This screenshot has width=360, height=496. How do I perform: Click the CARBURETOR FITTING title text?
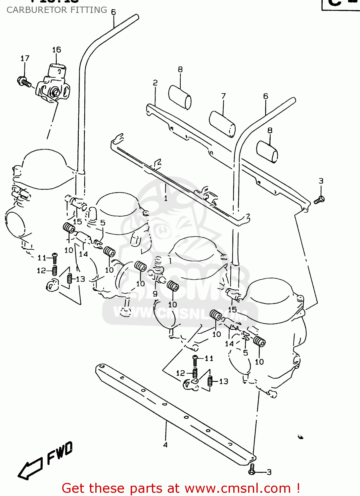57,10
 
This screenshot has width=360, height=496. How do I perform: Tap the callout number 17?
25,59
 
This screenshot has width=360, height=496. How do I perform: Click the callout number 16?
57,50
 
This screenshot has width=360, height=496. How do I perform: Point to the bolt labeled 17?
24,81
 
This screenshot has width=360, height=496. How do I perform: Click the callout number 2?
155,83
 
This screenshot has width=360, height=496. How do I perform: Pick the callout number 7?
224,96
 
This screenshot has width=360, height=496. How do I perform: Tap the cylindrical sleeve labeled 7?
222,124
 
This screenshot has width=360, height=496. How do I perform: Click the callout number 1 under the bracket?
165,198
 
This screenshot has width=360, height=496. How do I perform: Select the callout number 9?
155,294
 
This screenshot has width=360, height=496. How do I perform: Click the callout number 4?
165,445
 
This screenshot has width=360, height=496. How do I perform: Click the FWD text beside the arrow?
60,453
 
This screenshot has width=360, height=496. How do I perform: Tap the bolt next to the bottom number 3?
252,470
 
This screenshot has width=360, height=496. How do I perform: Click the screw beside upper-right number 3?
319,200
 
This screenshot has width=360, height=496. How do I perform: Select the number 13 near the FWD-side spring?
80,279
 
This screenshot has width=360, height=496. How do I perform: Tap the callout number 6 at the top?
113,12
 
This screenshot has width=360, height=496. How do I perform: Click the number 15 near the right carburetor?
232,310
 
